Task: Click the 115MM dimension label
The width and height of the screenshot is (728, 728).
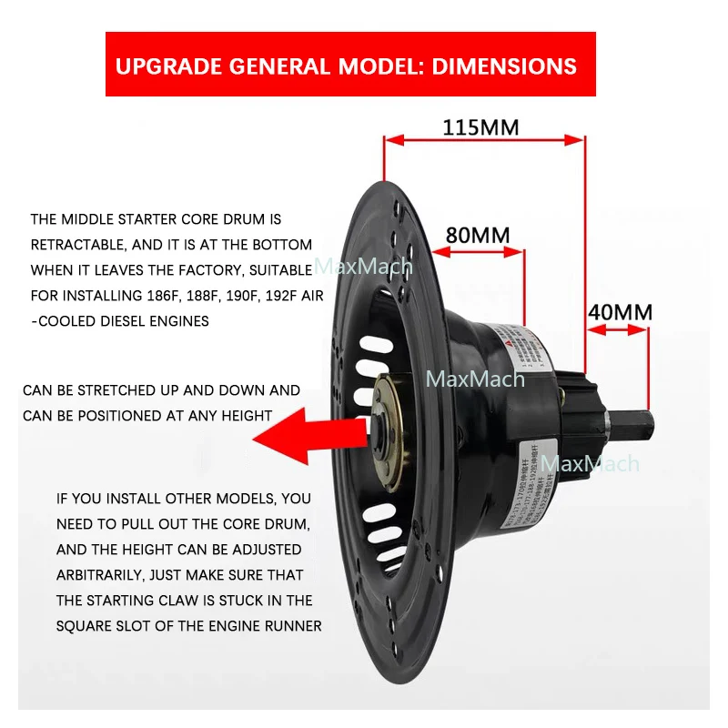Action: click(480, 126)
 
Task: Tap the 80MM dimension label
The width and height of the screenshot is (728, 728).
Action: click(478, 235)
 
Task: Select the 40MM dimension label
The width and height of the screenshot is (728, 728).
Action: click(620, 312)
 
